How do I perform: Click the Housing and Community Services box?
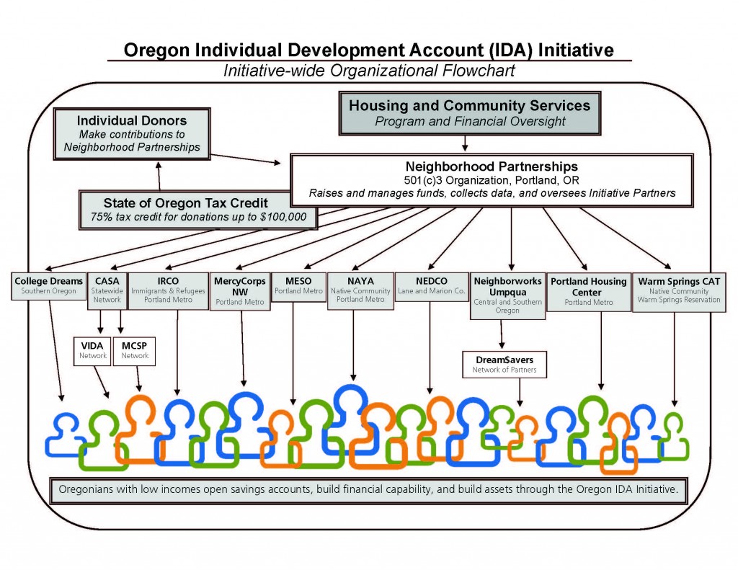(469, 112)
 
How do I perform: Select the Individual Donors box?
(132, 134)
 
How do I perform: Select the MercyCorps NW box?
(240, 290)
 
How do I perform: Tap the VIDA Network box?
(92, 350)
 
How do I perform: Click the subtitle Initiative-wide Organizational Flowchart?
(369, 71)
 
